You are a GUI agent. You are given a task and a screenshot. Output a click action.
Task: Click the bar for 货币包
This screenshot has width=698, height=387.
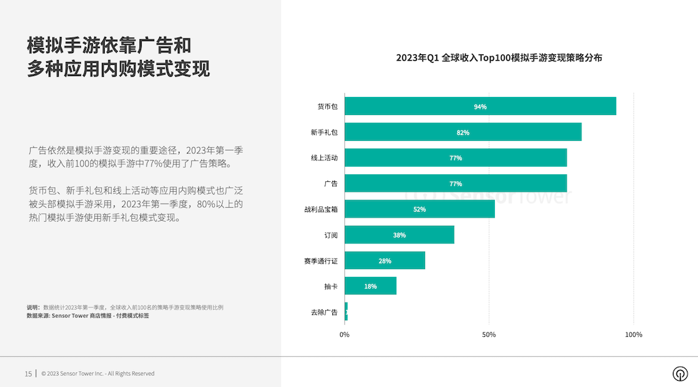[x=480, y=106]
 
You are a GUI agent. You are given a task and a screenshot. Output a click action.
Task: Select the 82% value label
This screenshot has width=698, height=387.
[x=463, y=132]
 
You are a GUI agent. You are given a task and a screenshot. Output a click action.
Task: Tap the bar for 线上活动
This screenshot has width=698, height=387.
[x=455, y=158]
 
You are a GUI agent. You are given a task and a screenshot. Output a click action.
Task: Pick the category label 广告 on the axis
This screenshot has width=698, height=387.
[x=330, y=184]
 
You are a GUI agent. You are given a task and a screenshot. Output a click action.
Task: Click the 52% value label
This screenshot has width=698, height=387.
[x=419, y=209]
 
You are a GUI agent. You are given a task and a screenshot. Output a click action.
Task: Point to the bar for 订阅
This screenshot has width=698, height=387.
[x=399, y=235]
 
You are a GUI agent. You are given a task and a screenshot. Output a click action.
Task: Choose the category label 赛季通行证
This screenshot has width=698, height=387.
[x=320, y=261]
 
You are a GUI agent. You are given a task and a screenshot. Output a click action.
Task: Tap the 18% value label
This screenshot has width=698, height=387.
[x=371, y=287]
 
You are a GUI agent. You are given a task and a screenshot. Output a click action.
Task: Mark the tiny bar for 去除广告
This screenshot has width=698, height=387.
[x=346, y=312]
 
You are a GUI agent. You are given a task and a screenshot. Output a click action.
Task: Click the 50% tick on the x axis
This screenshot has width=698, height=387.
[x=489, y=335]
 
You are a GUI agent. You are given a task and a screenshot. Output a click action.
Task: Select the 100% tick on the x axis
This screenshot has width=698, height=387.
[x=633, y=335]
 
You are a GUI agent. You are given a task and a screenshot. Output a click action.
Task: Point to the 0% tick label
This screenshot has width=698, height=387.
[x=344, y=335]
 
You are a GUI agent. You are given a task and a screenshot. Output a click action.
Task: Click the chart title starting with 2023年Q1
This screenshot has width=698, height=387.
[x=499, y=58]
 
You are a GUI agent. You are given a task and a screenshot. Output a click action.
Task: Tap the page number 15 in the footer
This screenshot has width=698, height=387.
[x=28, y=374]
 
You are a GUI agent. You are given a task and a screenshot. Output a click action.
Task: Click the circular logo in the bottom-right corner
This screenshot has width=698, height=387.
[x=679, y=373]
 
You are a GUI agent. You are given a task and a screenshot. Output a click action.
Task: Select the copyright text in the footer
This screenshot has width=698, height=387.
[x=98, y=374]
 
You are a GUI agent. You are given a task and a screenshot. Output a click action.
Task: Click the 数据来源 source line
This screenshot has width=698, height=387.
[x=88, y=316]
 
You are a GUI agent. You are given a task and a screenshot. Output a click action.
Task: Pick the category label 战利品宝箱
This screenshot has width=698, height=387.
[x=320, y=209]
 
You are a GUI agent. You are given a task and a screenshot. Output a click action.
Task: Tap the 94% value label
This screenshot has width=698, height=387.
[x=480, y=107]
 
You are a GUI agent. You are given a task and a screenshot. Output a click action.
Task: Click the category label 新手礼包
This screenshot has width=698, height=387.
[x=324, y=132]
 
